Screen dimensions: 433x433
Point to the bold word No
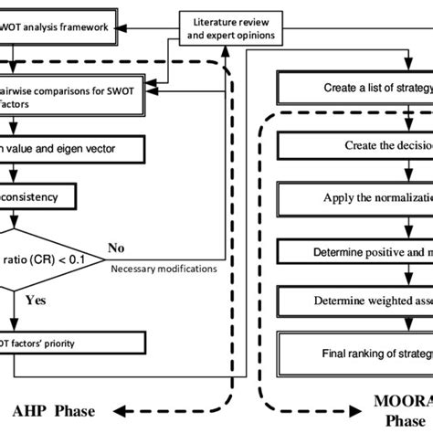pos(117,248)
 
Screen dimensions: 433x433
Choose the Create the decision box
pos(356,145)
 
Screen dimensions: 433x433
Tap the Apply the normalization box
pos(356,197)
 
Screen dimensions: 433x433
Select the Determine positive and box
pos(356,248)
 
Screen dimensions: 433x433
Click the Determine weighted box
pos(356,300)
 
